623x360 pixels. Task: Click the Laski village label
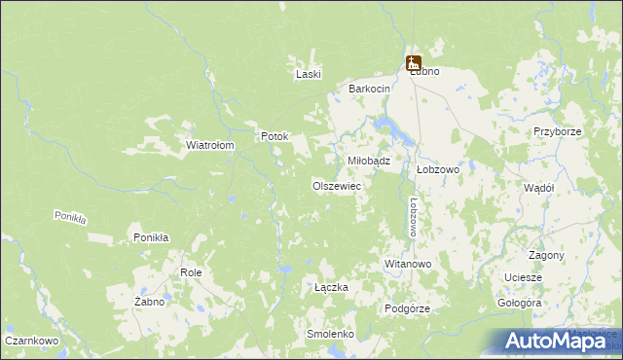tap(309, 74)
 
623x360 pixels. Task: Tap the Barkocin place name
tap(370, 89)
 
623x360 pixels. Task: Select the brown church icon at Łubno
tap(414, 62)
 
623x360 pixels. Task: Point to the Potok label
tap(275, 136)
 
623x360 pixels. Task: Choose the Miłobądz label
tap(369, 161)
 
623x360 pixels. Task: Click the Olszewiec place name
tap(337, 185)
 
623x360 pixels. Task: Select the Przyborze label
tap(558, 131)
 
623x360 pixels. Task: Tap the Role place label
tap(191, 272)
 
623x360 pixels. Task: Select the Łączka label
tap(331, 287)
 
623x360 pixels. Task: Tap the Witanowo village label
tap(408, 264)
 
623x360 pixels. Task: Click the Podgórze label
tap(408, 307)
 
